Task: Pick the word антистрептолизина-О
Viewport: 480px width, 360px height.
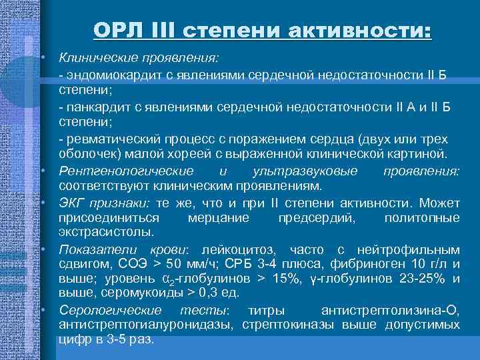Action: tap(391, 310)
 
